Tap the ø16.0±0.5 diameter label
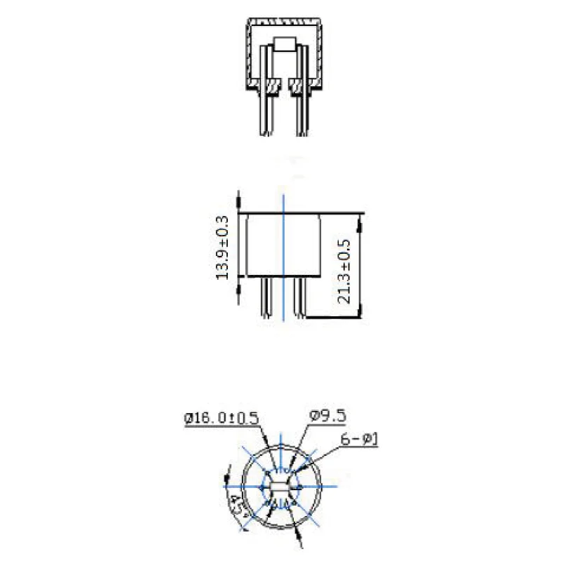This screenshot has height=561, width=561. (x=222, y=419)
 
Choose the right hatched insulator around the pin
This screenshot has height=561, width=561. (x=297, y=88)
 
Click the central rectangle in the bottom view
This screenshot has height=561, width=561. (x=281, y=487)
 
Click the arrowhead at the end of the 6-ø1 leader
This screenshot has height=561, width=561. (x=302, y=471)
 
